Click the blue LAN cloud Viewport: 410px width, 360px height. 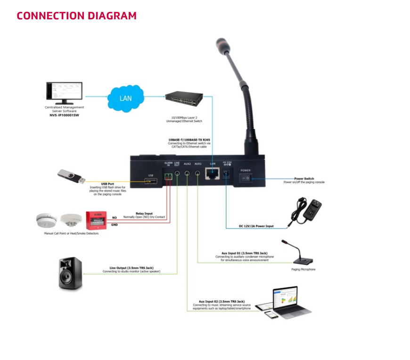[x=125, y=98]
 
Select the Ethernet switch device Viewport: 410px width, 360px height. [x=184, y=98]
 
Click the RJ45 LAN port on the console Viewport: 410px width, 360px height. [x=213, y=174]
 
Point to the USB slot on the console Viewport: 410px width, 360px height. [x=151, y=181]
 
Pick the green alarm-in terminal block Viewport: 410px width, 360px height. [x=167, y=176]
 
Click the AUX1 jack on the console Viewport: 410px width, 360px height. [x=197, y=174]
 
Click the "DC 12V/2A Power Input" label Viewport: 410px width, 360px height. [x=256, y=226]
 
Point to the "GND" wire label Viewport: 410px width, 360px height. [x=115, y=225]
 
